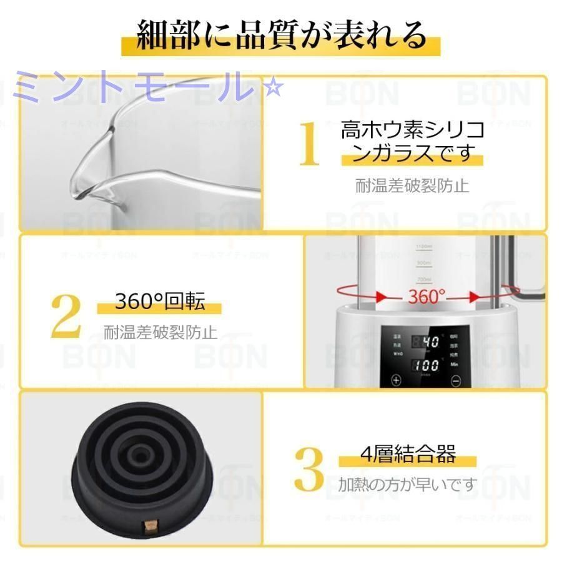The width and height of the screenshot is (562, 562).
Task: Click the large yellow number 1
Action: [309, 145]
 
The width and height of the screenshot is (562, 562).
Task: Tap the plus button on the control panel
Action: [396, 379]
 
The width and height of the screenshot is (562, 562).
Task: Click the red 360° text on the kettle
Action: [427, 295]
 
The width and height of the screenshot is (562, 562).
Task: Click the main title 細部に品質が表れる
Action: [280, 36]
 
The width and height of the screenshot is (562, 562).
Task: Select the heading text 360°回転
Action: [160, 303]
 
